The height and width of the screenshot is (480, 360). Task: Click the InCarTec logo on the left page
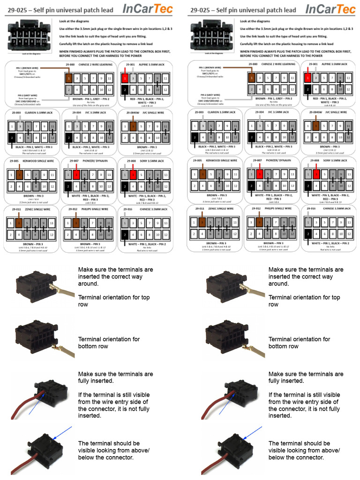coord(147,9)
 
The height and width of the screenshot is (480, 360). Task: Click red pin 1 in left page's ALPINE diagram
coord(126,78)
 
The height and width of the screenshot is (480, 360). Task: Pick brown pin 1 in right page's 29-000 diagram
coord(252,78)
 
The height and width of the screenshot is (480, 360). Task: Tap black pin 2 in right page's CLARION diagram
coord(194,138)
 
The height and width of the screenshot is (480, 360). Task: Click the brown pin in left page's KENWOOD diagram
coord(20,175)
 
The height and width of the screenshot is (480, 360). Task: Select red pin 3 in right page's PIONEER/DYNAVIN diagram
coord(260,175)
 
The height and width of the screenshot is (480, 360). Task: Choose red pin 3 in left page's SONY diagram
coord(134,175)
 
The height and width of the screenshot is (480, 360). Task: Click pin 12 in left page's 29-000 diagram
coord(109,89)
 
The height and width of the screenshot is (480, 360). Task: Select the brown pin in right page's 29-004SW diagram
coord(316,126)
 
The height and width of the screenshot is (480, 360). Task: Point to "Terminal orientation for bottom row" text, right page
coord(299,343)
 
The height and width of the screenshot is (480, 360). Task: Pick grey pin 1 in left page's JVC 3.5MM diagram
coord(69,126)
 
